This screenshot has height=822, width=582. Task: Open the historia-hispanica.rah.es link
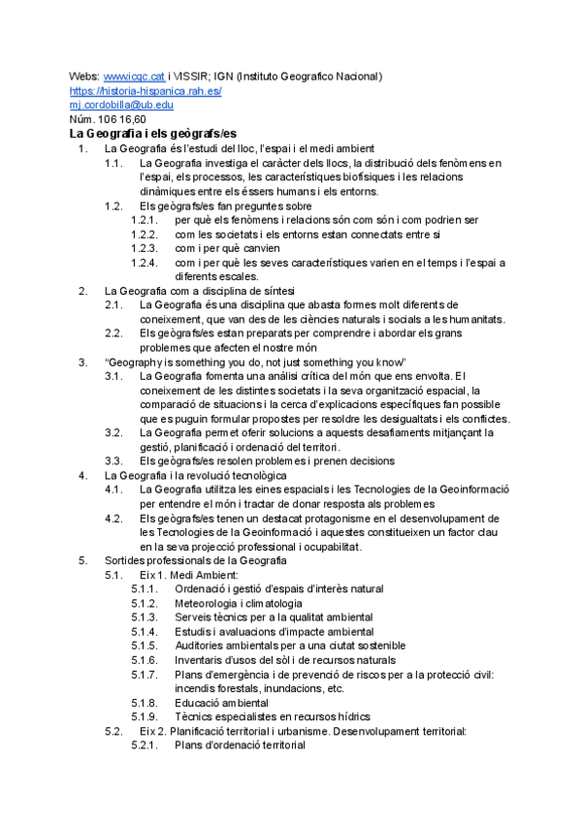[145, 91]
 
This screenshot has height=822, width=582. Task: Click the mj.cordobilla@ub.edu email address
[121, 105]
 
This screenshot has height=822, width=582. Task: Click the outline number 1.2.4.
[144, 263]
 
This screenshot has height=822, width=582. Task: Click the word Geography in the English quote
[134, 362]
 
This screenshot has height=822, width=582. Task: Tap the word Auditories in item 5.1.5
[200, 646]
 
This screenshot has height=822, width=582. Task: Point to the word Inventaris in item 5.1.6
[200, 660]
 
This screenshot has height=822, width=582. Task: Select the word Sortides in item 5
[124, 561]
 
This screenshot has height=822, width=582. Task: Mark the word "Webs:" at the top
[83, 77]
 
